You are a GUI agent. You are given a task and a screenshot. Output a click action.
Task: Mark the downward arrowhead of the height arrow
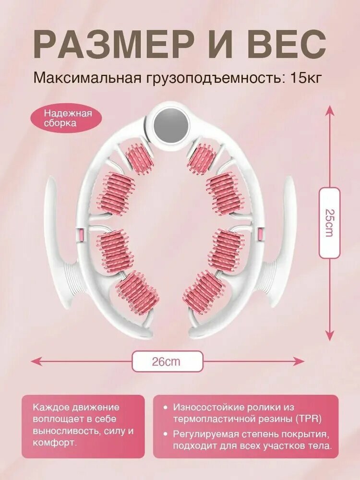click(329, 336)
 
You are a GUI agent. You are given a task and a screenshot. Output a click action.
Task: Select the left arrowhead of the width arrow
click(35, 361)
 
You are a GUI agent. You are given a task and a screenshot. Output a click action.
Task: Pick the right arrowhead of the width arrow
click(299, 361)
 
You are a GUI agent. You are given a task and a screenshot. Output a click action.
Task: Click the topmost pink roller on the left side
click(140, 158)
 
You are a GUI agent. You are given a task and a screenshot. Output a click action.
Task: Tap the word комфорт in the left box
click(53, 443)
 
